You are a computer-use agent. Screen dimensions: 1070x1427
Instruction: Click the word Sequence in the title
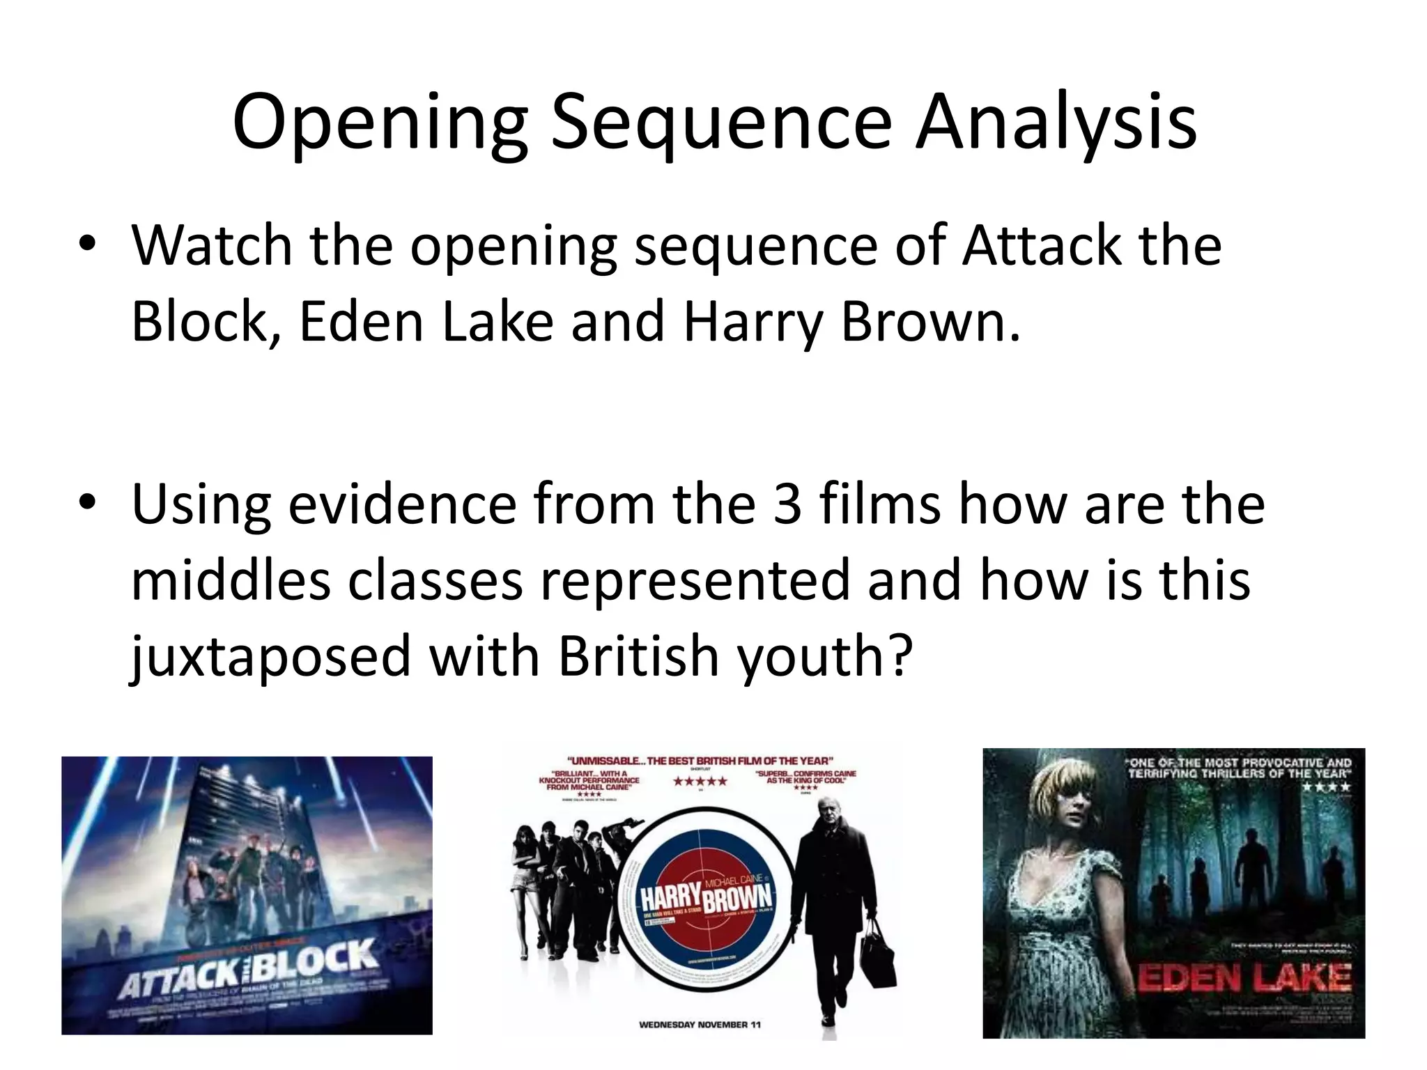721,123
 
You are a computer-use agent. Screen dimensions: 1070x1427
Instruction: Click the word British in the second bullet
638,656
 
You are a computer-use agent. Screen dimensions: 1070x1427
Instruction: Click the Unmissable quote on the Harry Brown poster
700,761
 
